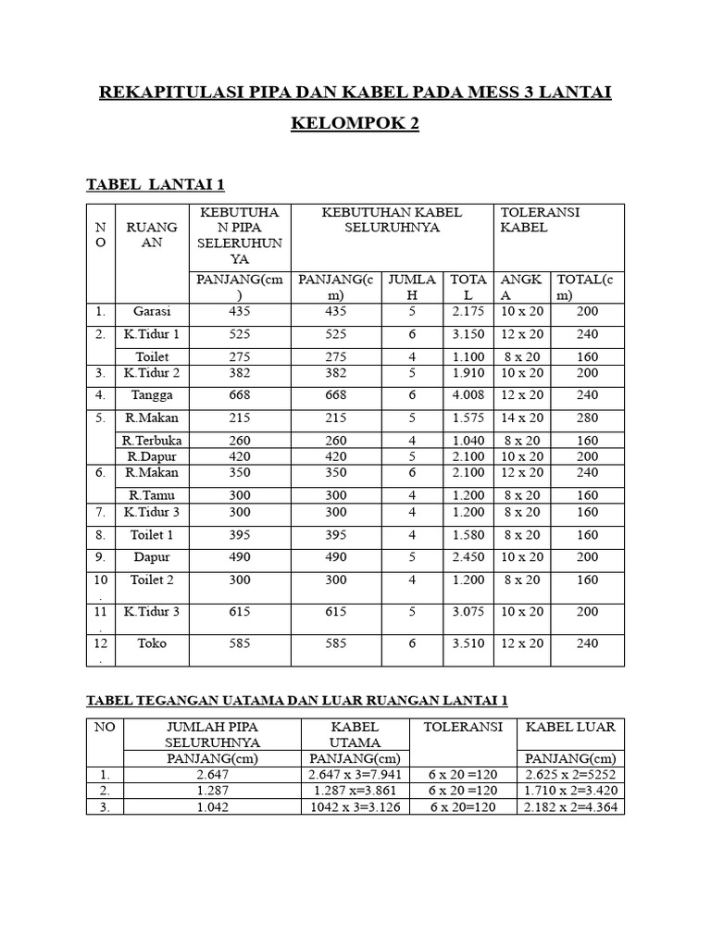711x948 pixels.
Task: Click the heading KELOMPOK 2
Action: pos(355,124)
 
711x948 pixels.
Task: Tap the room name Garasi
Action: pos(152,312)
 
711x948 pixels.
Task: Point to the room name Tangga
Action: pos(152,394)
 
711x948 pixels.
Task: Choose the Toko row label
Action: pos(152,642)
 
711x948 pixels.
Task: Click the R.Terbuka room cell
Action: pos(152,441)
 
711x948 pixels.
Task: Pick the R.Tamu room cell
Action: pos(152,495)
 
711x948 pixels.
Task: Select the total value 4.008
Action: pos(468,394)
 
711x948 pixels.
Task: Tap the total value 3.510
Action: pos(468,642)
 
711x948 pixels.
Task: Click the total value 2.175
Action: pos(468,312)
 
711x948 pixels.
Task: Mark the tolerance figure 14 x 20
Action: pos(522,418)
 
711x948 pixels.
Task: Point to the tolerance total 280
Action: pos(587,418)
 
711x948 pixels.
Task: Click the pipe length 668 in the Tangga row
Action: pos(240,394)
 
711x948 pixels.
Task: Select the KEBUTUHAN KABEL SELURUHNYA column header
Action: pos(392,219)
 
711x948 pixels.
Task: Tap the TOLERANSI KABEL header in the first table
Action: pos(540,219)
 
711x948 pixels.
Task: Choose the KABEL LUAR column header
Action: pos(569,728)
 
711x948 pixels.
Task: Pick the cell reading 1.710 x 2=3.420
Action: pos(569,791)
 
